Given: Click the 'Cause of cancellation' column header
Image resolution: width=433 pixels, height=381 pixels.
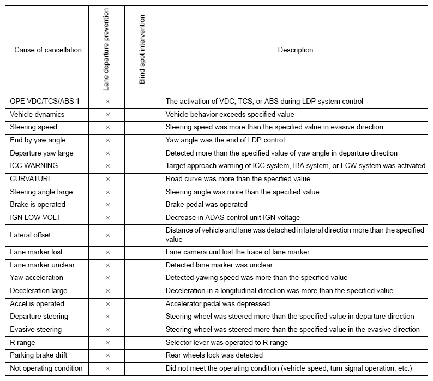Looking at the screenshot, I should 48,50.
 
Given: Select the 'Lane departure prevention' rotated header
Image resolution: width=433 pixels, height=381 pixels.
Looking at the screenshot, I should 106,50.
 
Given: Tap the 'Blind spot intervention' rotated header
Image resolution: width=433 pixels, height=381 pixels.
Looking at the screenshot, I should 142,50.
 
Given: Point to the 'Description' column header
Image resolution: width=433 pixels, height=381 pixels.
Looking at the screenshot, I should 296,50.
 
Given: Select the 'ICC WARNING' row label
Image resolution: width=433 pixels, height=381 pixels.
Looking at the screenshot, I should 34,166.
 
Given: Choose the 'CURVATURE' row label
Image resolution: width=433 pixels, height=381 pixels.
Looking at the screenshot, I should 31,179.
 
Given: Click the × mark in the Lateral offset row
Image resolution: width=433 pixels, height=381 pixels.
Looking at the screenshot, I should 107,235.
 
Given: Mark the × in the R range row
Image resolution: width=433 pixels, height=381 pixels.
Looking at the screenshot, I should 107,343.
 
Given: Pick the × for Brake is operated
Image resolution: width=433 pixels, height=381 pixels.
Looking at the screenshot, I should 107,205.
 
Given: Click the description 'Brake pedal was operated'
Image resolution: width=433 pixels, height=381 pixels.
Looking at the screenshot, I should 207,205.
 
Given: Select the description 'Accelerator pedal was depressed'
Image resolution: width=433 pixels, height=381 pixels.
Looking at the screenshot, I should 218,304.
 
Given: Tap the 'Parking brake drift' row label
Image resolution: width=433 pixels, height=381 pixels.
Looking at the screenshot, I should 39,355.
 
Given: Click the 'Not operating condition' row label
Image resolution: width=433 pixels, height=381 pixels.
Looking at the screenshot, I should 46,368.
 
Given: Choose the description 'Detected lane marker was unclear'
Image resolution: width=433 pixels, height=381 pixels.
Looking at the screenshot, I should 219,265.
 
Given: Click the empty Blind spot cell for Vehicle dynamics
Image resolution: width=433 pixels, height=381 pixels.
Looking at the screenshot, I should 142,115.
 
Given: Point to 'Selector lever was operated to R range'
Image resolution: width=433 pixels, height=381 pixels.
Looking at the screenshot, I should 227,343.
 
